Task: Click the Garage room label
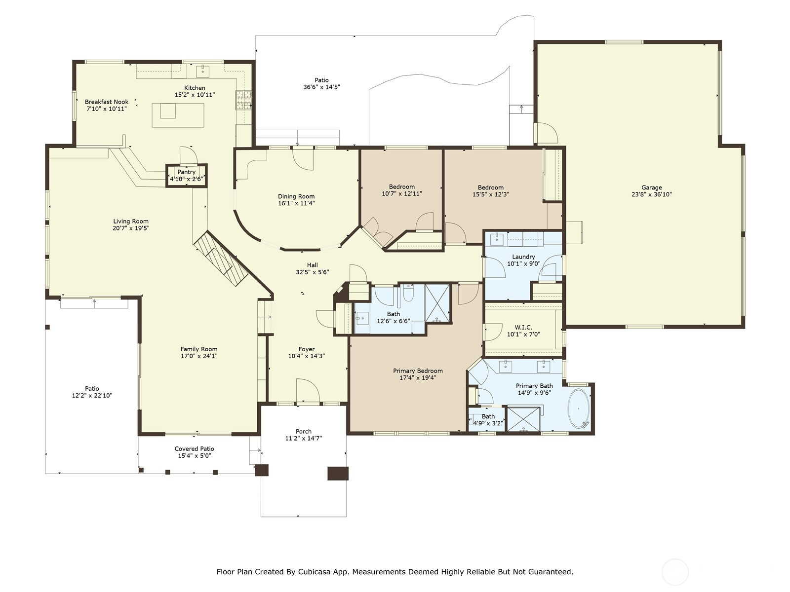[651, 187]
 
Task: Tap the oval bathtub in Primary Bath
[579, 408]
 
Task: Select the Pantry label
[187, 172]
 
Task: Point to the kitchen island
[178, 115]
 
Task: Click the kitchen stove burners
[243, 100]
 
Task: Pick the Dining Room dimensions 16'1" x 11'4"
[296, 203]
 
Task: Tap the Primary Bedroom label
[418, 371]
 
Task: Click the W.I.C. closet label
[523, 328]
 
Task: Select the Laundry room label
[523, 257]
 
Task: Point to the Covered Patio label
[195, 449]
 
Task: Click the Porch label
[303, 432]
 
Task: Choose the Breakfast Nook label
[107, 102]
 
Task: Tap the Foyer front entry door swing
[308, 390]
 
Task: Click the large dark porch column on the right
[338, 474]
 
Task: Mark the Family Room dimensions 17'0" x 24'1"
[199, 356]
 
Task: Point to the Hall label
[313, 265]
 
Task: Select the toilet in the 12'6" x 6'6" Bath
[408, 293]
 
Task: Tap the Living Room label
[131, 222]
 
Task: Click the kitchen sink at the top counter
[203, 71]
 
